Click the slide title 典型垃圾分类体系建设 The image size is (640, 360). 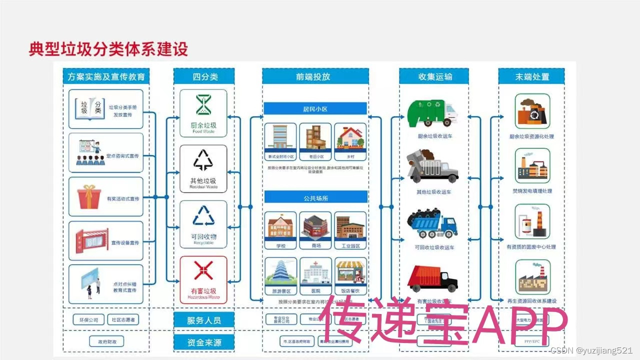click(x=108, y=50)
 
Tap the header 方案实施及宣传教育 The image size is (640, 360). click(x=106, y=77)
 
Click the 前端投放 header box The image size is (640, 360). click(x=315, y=77)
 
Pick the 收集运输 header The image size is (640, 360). click(x=434, y=77)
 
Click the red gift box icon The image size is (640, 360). click(x=89, y=196)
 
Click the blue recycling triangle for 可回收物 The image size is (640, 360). click(x=203, y=216)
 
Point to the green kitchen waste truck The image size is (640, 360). click(x=431, y=113)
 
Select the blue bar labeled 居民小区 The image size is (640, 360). click(x=315, y=108)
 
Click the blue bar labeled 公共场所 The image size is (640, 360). click(x=315, y=198)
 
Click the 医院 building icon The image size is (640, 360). click(x=315, y=273)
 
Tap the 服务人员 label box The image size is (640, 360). click(x=203, y=320)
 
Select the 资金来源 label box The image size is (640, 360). click(x=203, y=342)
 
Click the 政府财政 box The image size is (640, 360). click(x=106, y=342)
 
